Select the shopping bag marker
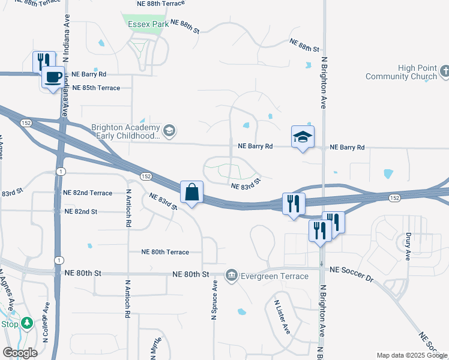pos(191,193)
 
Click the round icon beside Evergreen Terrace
pos(231,275)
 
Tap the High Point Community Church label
pos(403,73)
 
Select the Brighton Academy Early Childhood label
pos(125,132)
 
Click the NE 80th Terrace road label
pos(165,252)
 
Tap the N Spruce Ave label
pos(214,303)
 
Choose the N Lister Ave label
pos(283,317)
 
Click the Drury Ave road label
pos(408,247)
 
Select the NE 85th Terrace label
pos(96,88)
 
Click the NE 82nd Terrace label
pos(88,193)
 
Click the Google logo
pos(19,353)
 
